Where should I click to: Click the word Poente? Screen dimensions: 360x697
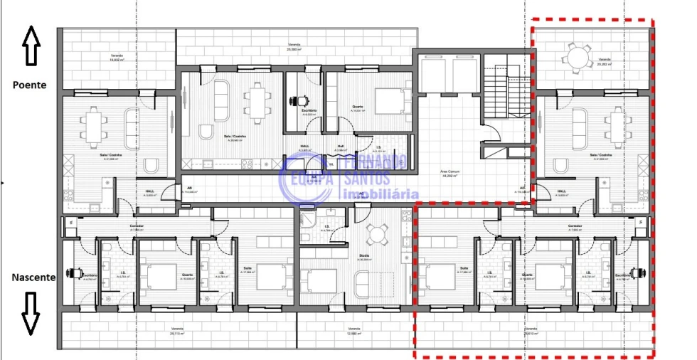[x=29, y=85]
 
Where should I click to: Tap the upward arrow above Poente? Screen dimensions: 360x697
[x=30, y=45]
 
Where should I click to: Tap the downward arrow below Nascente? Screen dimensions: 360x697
[x=30, y=313]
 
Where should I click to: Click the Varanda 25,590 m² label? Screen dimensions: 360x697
[x=294, y=48]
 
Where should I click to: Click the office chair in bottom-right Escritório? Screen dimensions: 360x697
[x=639, y=272]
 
